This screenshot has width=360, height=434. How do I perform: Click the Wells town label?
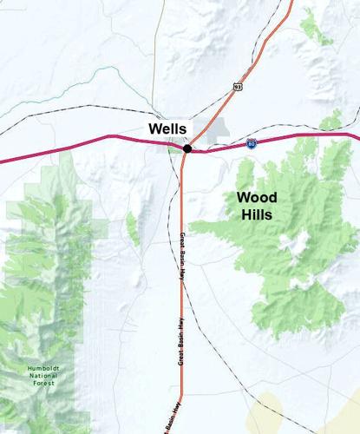pos(167,128)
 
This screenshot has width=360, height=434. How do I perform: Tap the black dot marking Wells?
pos(187,148)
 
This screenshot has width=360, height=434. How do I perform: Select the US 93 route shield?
pos(237,87)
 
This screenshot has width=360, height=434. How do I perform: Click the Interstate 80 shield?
pos(251,142)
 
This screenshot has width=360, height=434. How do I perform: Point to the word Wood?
pos(258,197)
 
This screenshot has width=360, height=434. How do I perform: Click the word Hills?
pos(258,214)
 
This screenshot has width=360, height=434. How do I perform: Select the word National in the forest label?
pos(42,375)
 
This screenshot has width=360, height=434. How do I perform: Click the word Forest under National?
pos(42,383)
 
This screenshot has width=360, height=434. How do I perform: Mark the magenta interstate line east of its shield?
pos(304,135)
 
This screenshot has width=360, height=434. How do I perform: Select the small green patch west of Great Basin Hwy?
pos(133,228)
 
